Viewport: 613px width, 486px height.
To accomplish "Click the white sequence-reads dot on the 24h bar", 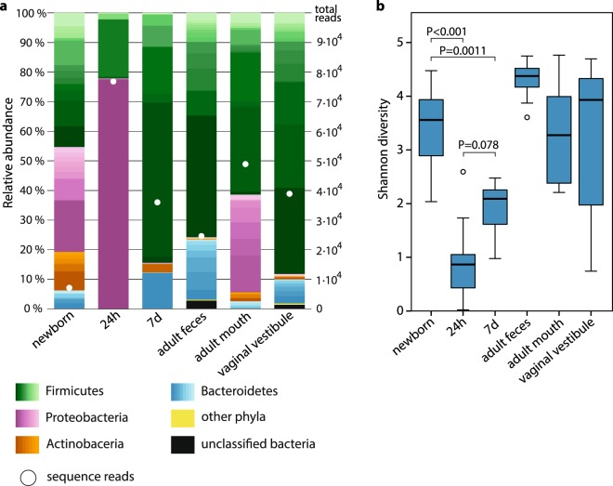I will (x=113, y=81).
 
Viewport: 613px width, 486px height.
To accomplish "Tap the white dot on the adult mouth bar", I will (x=245, y=164).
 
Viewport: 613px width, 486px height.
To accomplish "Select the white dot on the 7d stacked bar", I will (x=158, y=202).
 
